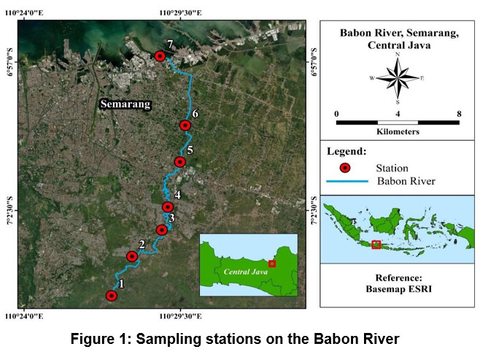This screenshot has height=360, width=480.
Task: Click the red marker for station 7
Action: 160,56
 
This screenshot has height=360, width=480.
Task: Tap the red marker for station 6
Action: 185,125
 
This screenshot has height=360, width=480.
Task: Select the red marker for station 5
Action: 179,161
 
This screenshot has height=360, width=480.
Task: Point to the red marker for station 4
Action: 168,207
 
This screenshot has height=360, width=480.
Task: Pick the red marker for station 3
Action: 162,230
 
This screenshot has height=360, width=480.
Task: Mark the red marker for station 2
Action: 132,256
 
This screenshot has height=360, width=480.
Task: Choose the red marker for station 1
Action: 112,296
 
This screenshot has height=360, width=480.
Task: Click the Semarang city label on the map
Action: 125,104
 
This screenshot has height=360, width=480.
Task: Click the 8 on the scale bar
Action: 458,114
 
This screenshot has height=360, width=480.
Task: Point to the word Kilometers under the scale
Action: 398,132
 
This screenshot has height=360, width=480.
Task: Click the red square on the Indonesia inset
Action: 376,244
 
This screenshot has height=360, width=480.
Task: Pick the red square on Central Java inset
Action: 272,263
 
